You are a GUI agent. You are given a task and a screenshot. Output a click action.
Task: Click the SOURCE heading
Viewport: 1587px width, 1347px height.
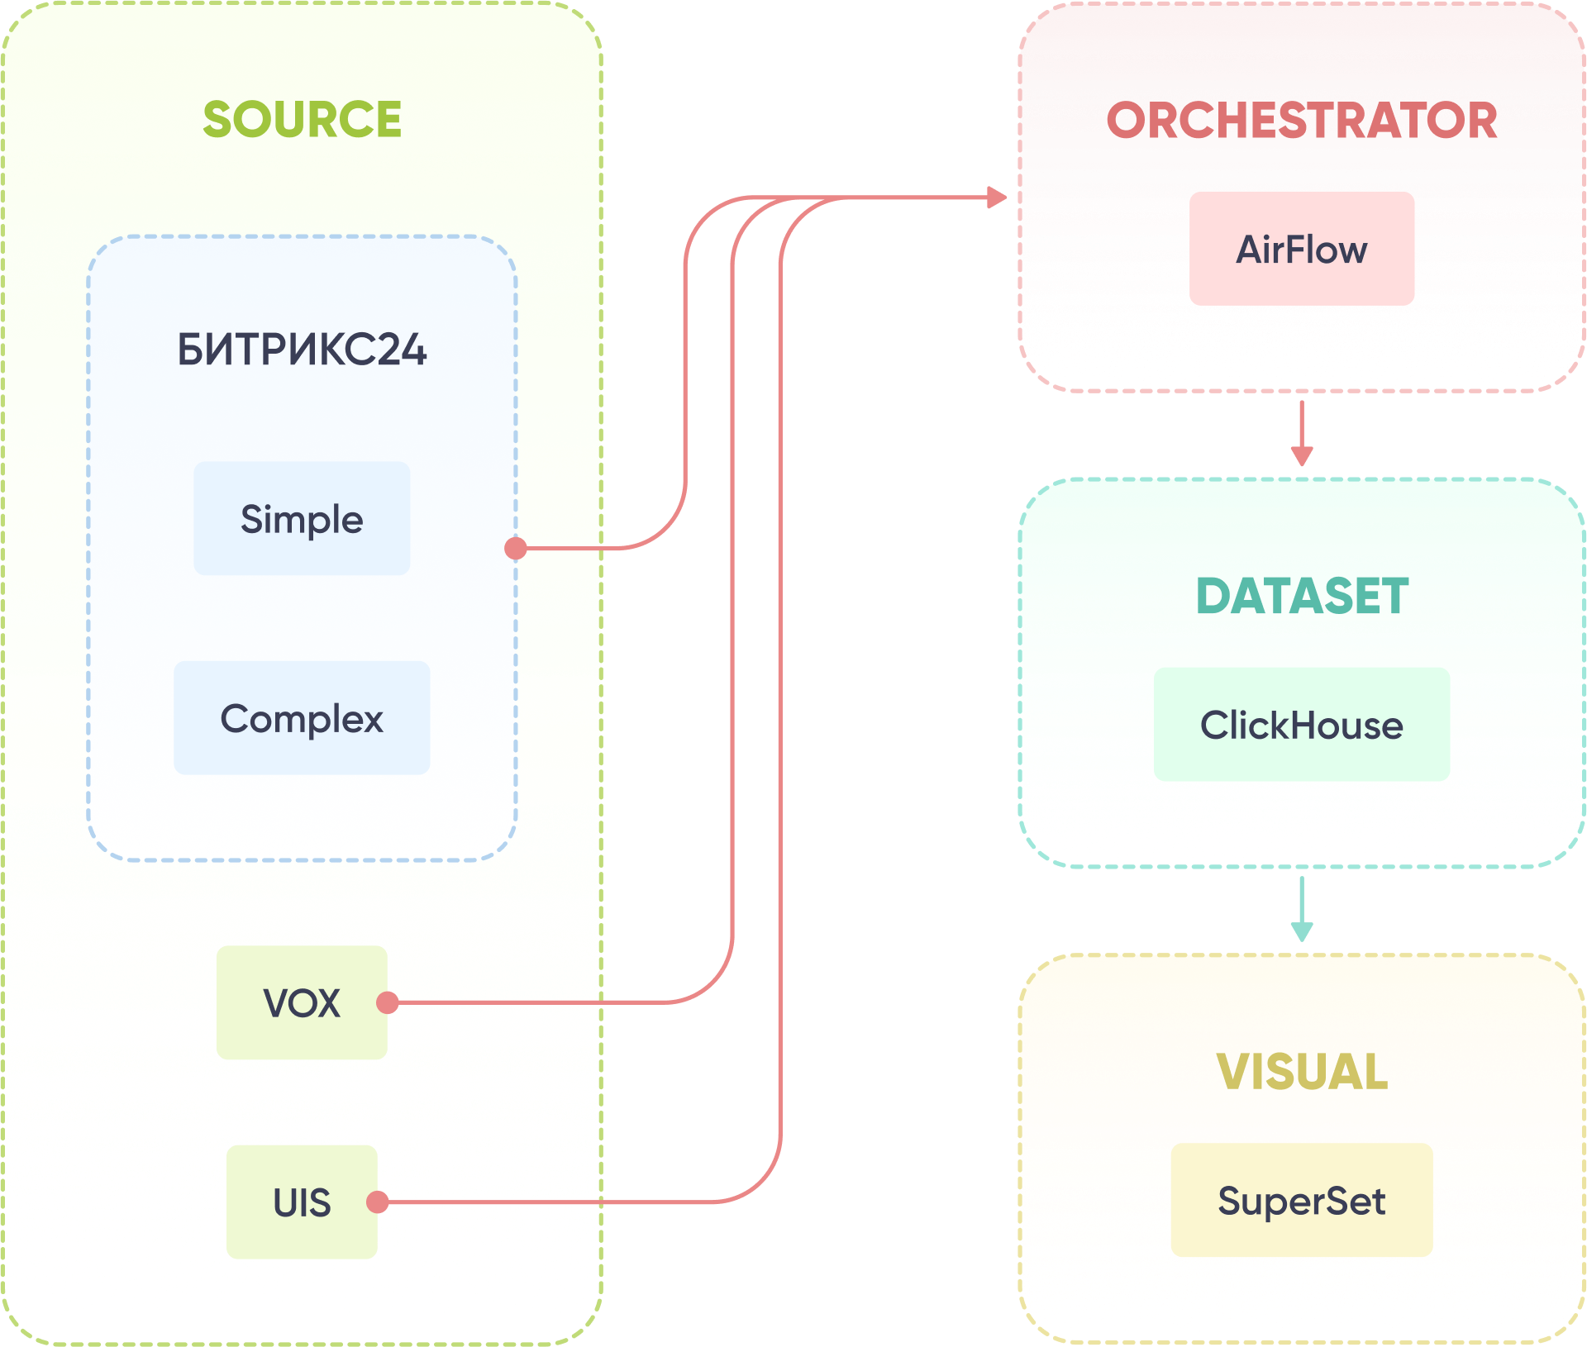click(302, 119)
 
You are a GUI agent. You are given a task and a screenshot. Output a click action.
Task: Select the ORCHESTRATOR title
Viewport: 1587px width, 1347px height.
click(1302, 121)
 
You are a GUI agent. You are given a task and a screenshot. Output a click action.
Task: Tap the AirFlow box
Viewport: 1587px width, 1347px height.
click(1302, 249)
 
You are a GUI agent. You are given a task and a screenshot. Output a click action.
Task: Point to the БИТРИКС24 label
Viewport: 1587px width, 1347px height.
click(302, 350)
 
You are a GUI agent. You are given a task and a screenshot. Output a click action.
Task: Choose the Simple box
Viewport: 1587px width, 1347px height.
click(302, 519)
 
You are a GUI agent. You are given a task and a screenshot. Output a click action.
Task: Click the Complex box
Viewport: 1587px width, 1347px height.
click(302, 718)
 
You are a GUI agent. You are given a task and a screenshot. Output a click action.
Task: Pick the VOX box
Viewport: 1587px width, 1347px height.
click(302, 1002)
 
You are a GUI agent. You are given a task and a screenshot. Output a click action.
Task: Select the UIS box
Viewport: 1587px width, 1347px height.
click(302, 1202)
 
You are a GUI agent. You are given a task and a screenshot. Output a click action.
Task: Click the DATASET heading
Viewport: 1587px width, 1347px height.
click(1302, 596)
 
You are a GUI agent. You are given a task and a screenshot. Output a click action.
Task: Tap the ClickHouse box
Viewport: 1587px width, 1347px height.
click(1302, 725)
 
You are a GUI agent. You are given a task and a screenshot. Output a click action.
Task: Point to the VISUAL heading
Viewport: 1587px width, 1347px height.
click(1302, 1072)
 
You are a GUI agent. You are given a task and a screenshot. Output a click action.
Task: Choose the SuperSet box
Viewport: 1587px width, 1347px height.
click(1302, 1201)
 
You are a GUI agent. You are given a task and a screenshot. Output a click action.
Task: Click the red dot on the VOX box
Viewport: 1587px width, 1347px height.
click(388, 1002)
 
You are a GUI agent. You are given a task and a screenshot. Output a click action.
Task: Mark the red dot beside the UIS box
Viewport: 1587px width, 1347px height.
click(378, 1202)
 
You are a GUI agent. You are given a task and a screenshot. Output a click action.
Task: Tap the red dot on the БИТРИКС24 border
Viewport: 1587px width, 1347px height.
click(516, 548)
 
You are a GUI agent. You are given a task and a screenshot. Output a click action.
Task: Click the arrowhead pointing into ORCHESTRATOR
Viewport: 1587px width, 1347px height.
click(997, 198)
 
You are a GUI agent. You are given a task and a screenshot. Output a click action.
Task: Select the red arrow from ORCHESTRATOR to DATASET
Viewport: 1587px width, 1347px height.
click(1302, 434)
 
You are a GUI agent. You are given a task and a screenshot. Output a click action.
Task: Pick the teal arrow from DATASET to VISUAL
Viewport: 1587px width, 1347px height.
click(1302, 909)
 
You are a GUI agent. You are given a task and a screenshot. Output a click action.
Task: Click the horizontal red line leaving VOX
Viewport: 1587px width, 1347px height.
click(529, 1002)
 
